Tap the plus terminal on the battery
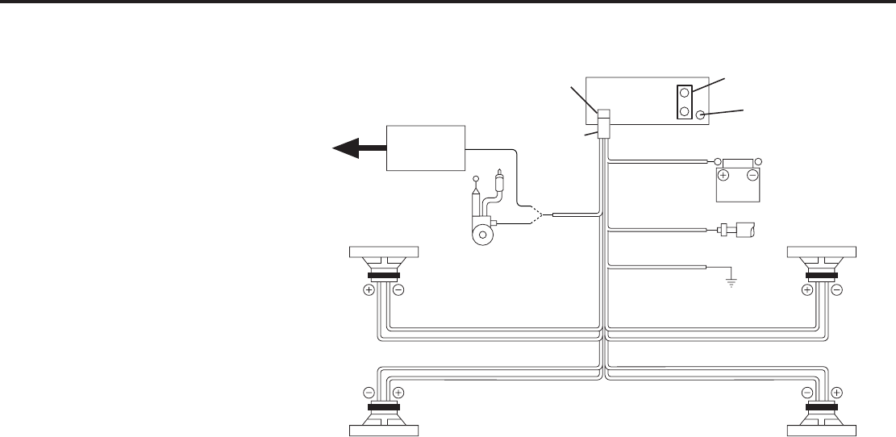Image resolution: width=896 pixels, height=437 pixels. coord(723,174)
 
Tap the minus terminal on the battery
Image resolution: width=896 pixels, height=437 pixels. coord(752,174)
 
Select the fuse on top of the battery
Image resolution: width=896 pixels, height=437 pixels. coord(737,161)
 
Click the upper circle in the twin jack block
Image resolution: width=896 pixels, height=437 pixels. coord(684,94)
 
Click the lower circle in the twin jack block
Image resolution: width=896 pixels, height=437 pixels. coord(684,112)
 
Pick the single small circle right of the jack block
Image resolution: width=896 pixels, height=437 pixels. coord(702,115)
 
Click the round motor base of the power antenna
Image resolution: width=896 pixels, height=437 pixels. coord(482,235)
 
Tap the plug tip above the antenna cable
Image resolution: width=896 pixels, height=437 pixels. coord(502,173)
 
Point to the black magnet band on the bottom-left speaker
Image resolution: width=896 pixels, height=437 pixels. coord(383,409)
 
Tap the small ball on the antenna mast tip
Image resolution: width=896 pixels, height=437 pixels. coord(476,180)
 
